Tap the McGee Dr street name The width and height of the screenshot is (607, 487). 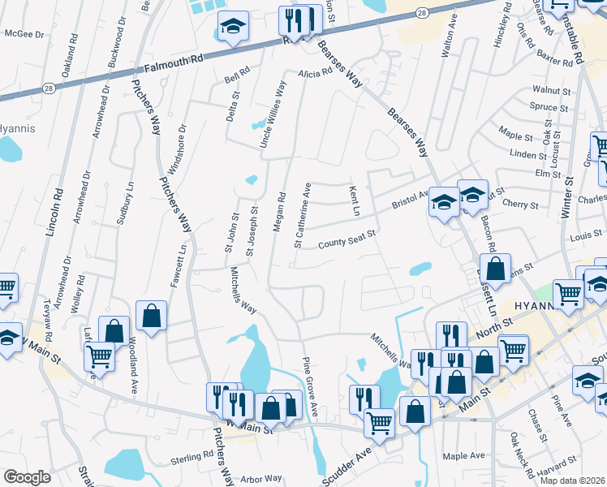[24, 34]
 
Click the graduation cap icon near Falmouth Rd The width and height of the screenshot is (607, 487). [233, 28]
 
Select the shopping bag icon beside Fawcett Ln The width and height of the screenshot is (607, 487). [152, 315]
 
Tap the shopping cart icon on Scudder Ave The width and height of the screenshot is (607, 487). [379, 422]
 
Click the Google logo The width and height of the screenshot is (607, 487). [28, 477]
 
